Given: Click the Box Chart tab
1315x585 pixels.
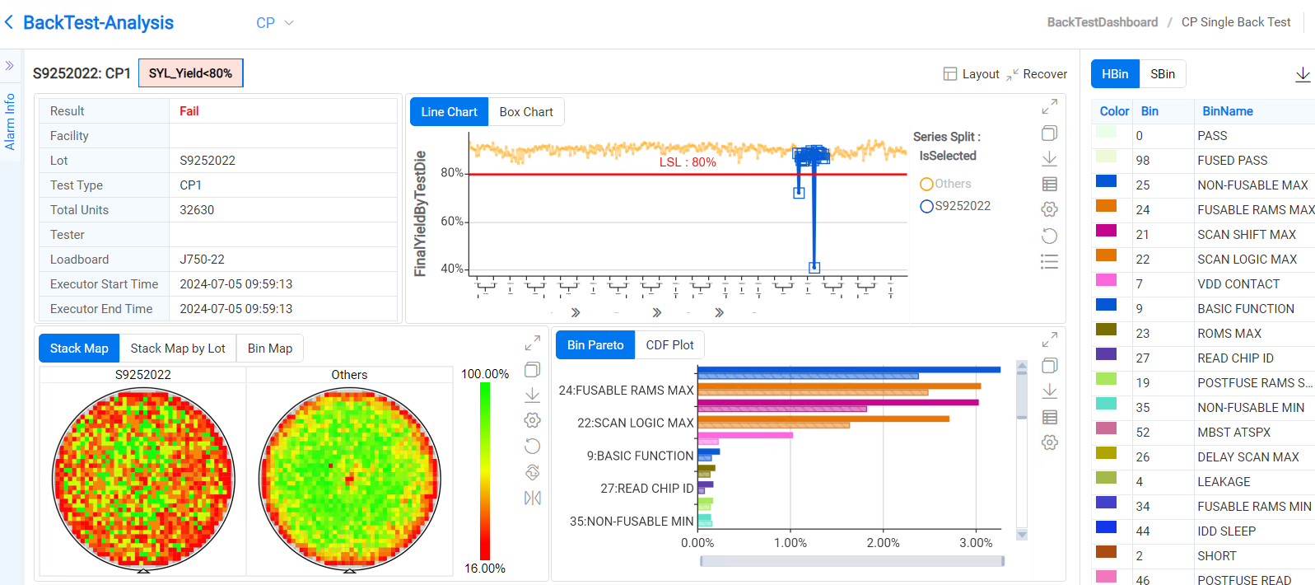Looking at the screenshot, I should (x=526, y=112).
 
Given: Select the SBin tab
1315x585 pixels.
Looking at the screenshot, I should (x=1162, y=74).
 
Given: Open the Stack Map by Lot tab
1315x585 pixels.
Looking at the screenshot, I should (x=178, y=349).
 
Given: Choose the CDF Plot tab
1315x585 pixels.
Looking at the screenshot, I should (x=669, y=345).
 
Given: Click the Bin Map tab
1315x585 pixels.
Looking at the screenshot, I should (x=270, y=349).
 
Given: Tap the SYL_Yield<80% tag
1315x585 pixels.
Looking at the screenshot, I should (x=190, y=73).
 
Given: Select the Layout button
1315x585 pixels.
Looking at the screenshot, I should (x=972, y=74).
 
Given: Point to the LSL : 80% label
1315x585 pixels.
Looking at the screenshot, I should (x=688, y=162).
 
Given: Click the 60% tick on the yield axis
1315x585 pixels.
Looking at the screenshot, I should (x=452, y=221).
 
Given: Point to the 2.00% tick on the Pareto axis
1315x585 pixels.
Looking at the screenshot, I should (x=883, y=543).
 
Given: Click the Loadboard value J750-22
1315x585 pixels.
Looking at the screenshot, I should (x=202, y=260).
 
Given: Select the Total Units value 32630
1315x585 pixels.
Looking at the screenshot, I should (x=197, y=210).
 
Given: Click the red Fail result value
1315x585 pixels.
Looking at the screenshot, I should (x=189, y=111).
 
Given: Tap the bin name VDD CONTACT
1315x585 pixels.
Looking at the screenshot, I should (x=1238, y=284).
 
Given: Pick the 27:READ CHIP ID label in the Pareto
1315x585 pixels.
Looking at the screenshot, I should (x=647, y=489).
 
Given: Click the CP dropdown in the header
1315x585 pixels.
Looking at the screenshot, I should (x=274, y=23).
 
